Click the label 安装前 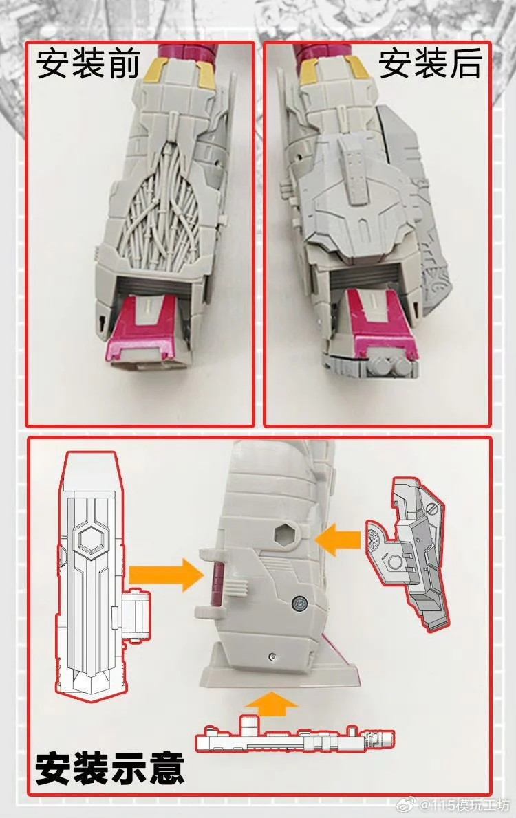[x=88, y=64]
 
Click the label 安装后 [x=429, y=63]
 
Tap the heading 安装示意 [x=110, y=768]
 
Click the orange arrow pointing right [x=166, y=575]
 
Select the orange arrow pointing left [x=338, y=540]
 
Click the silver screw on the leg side [x=300, y=604]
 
